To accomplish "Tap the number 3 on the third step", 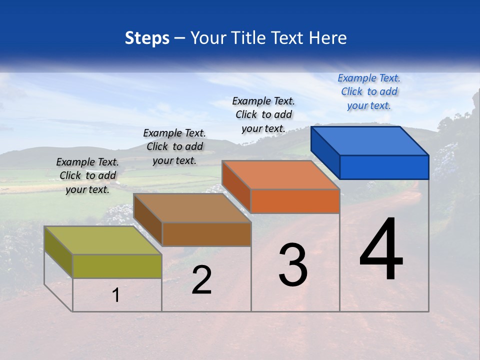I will coord(293,264).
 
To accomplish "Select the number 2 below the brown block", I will coord(202,280).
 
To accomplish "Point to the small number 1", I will coord(116,295).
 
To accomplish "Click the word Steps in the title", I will coord(147,38).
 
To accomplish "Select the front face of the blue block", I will coord(384,167).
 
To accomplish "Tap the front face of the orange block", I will coord(295,201).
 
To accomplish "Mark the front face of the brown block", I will coord(206,234).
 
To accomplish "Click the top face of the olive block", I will coord(103,240).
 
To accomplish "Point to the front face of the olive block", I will coord(117,266).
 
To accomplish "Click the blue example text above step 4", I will coord(369,91).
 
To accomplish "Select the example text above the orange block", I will coord(263,114).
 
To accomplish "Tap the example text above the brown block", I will coord(174,146).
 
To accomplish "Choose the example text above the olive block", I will coord(87,175).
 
